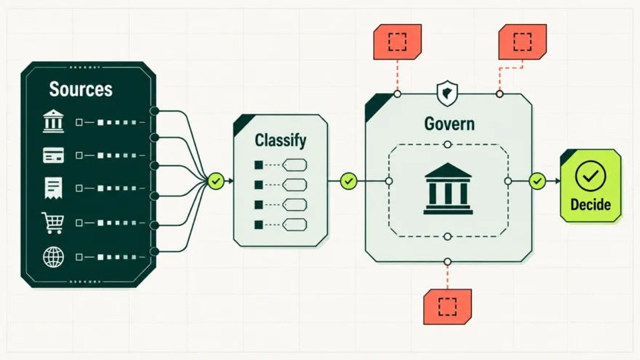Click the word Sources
point(81,89)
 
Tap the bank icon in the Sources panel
point(54,121)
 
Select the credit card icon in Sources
point(54,155)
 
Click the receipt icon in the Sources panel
point(54,188)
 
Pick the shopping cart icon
point(53,223)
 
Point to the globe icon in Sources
point(54,257)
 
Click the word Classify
point(281,140)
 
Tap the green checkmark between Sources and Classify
point(216,181)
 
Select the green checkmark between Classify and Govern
point(348,181)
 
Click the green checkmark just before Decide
point(537,181)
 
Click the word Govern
point(449,124)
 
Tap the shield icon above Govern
point(447,93)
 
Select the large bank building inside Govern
point(448,188)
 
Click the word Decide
point(591,204)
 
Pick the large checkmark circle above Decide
point(591,176)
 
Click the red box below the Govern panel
point(448,307)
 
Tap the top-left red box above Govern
point(398,41)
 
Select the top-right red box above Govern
point(522,41)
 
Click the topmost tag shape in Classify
point(295,165)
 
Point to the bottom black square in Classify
point(259,225)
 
